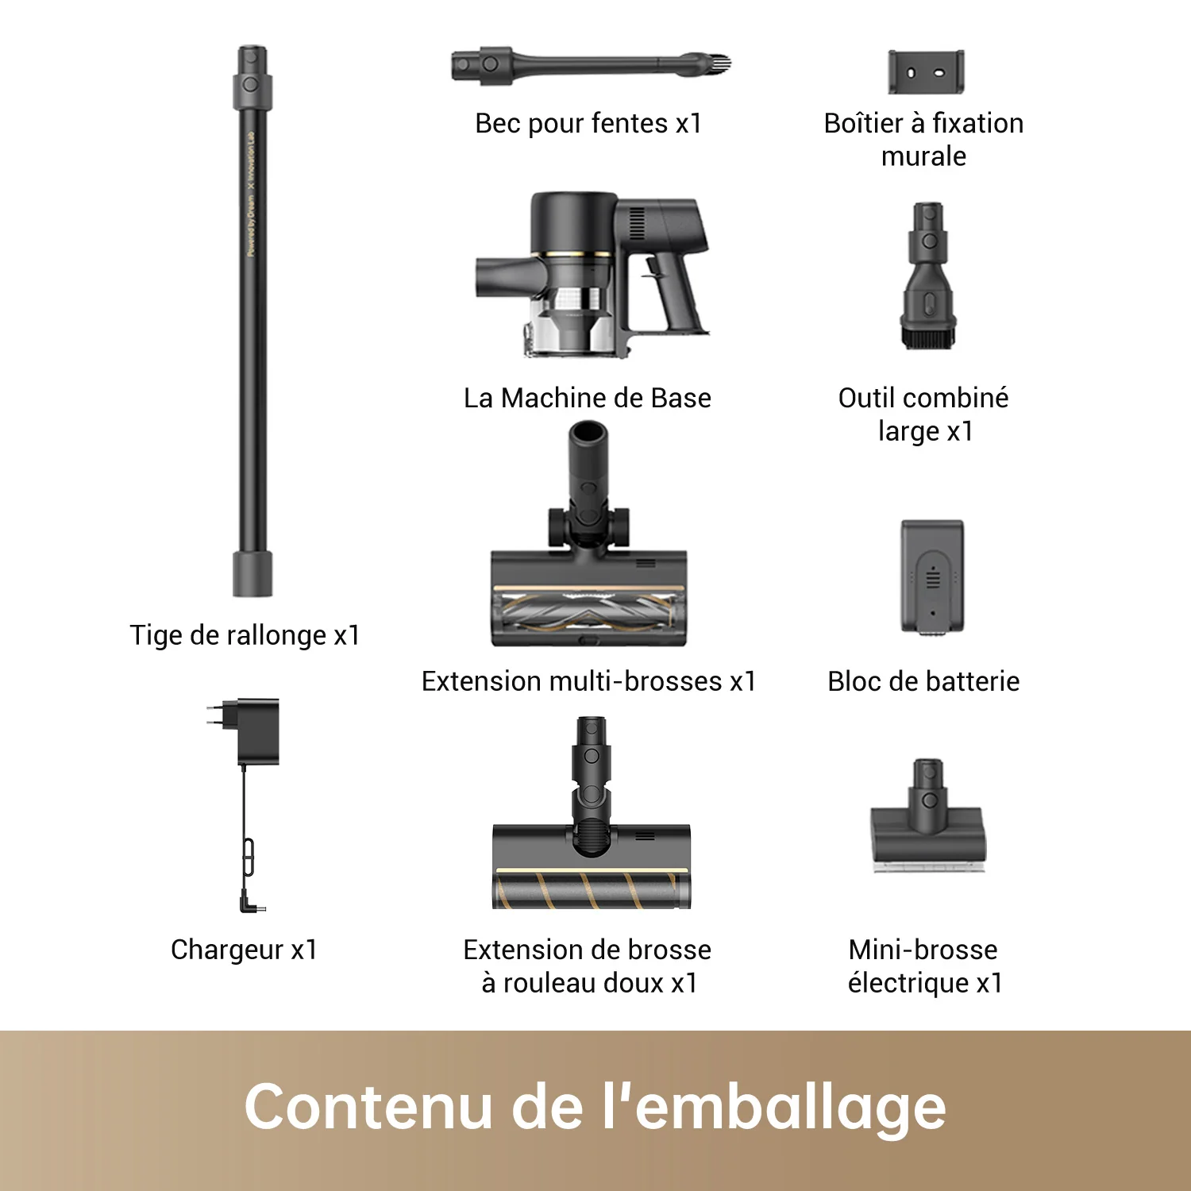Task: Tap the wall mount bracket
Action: (x=926, y=72)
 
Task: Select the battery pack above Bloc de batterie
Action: (x=932, y=576)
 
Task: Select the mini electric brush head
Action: (x=927, y=834)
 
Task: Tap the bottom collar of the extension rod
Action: (x=252, y=573)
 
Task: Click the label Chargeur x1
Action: (x=245, y=950)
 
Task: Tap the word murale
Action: (x=923, y=156)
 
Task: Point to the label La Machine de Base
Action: (x=588, y=398)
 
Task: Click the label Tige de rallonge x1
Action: (x=245, y=635)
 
